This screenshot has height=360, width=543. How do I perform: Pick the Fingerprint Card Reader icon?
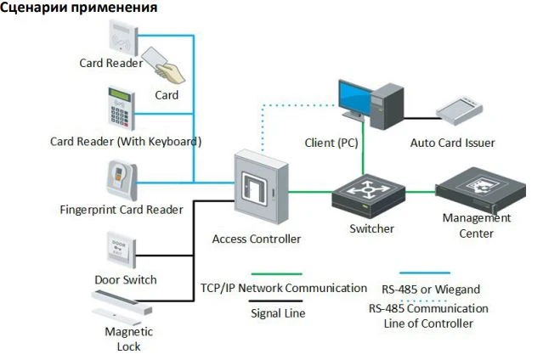point(121,180)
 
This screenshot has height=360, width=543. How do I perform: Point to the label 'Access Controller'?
point(256,239)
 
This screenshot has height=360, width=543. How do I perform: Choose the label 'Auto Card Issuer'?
point(452,143)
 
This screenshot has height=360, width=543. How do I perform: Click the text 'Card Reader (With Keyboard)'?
point(126,140)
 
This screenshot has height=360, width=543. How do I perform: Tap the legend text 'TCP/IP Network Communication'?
point(284,288)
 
